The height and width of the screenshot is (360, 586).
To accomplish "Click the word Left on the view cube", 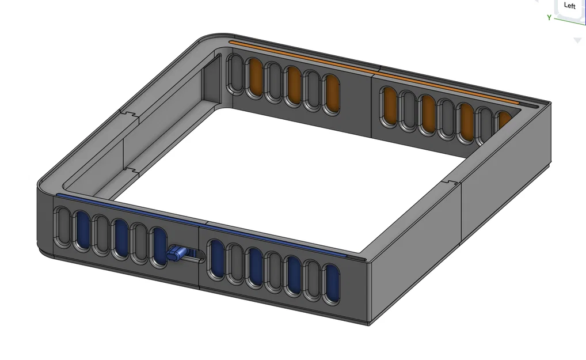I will pos(569,6).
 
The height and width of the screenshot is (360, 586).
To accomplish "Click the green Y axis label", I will pos(549,18).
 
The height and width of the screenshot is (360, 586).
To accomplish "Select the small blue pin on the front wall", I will pos(176,252).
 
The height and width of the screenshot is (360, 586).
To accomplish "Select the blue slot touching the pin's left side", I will pos(159,247).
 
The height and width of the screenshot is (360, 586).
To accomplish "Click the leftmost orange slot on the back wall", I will pos(255,78).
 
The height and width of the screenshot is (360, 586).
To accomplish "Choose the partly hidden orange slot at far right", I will pos(505,121).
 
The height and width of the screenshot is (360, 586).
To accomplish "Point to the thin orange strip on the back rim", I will pos(374,72).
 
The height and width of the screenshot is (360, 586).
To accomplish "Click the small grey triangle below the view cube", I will pos(577,41).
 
